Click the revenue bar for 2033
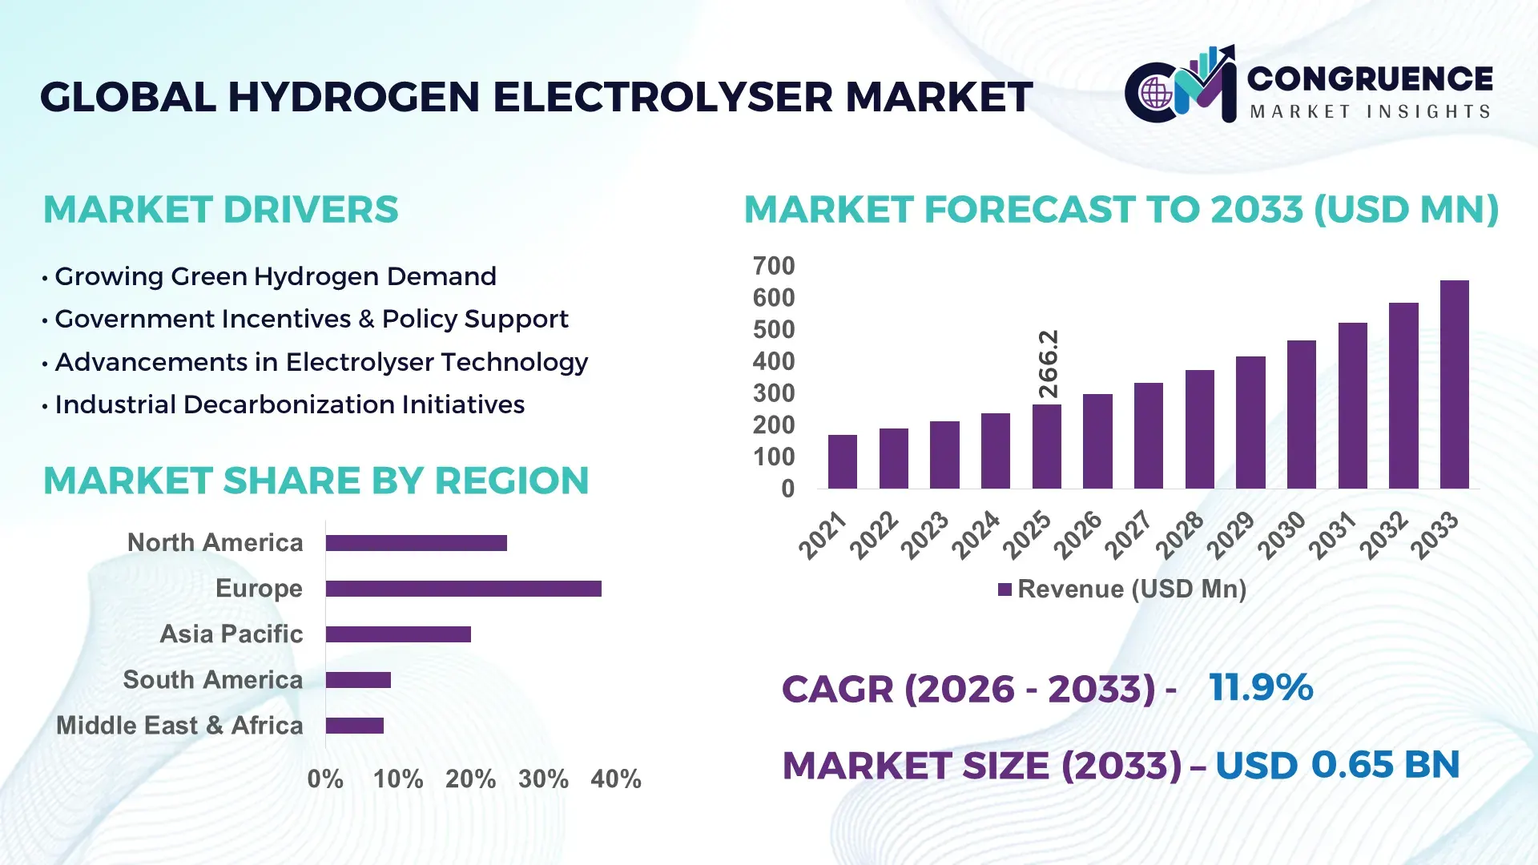(x=1454, y=384)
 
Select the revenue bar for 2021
(x=842, y=462)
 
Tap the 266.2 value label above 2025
(x=1049, y=364)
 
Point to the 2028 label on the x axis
(x=1179, y=534)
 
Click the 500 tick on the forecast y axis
(x=773, y=330)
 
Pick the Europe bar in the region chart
(x=463, y=589)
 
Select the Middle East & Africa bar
(x=354, y=726)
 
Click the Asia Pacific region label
(x=231, y=634)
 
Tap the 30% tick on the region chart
(x=543, y=779)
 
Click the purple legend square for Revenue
(x=1005, y=590)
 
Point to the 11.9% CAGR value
(x=1261, y=688)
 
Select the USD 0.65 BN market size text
(x=1337, y=765)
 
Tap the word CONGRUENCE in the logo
(x=1370, y=78)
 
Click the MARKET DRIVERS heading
(x=220, y=210)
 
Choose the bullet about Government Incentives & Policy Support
(x=311, y=320)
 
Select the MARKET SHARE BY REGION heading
(x=316, y=481)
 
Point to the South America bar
(x=358, y=680)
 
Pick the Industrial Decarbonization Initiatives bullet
(x=289, y=405)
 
